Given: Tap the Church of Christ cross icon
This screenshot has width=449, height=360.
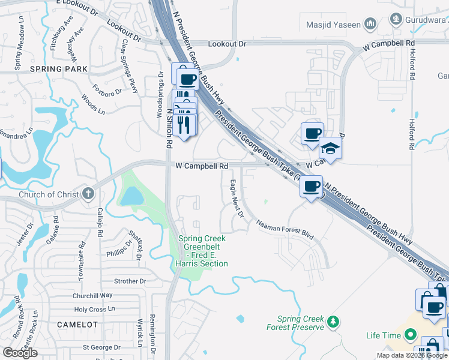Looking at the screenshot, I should [88, 193].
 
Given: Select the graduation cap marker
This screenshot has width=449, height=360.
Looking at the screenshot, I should [330, 147].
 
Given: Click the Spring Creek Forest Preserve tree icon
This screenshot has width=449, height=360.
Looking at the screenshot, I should [333, 323].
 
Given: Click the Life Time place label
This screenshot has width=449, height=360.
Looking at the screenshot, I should [382, 335].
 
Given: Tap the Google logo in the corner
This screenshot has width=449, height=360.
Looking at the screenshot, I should [20, 353].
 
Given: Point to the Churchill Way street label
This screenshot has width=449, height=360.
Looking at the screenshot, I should [92, 295].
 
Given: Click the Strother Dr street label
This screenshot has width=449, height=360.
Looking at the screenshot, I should [130, 281].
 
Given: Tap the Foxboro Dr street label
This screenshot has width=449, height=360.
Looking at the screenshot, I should [110, 92].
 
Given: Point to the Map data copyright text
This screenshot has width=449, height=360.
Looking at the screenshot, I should [412, 355].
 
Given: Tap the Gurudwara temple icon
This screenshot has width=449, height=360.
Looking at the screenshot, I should [396, 19].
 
